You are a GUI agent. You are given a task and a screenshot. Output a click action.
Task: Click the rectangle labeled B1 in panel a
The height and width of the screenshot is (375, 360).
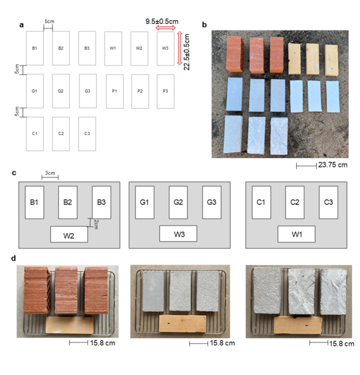(34, 48)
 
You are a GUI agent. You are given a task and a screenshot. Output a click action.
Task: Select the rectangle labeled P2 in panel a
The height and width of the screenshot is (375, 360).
(139, 91)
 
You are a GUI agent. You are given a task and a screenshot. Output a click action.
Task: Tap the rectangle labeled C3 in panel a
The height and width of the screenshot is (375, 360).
(87, 134)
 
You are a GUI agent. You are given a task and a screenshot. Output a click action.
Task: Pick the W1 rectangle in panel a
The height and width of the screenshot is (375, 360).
(113, 48)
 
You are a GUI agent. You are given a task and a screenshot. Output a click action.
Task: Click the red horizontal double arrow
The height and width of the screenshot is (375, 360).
(166, 28)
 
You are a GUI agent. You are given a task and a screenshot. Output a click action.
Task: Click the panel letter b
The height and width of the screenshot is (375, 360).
(206, 25)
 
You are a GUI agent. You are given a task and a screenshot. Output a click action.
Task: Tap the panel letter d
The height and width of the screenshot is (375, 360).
(22, 257)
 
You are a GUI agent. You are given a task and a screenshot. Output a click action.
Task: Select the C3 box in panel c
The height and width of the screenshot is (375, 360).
(328, 202)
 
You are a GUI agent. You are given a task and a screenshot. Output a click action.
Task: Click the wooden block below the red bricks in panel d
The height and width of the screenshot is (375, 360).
(69, 324)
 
